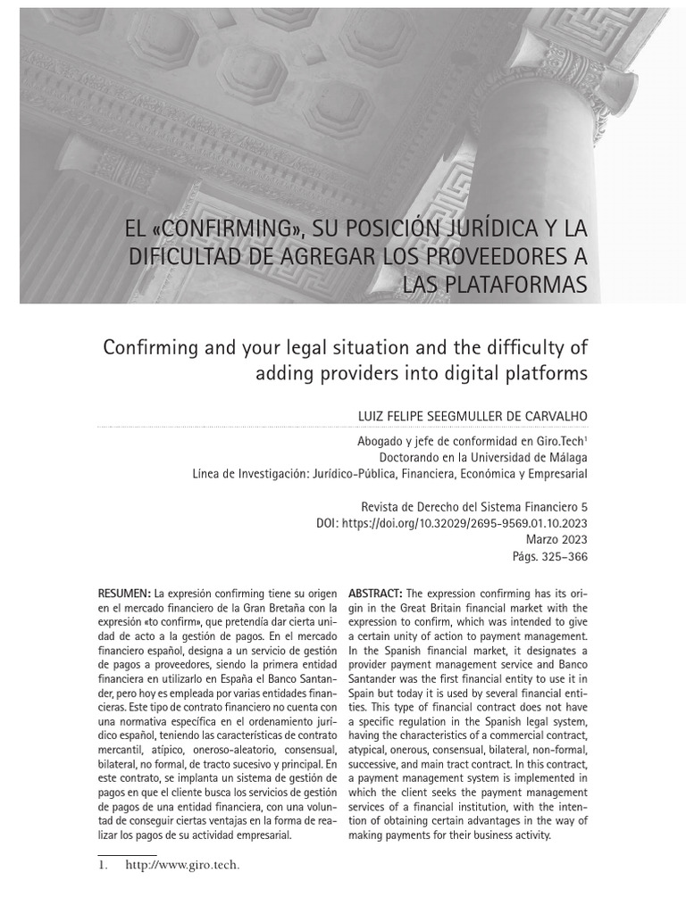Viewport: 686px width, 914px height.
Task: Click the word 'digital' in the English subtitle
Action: click(x=461, y=373)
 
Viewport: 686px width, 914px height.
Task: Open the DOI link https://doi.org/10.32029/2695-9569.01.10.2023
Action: click(x=463, y=523)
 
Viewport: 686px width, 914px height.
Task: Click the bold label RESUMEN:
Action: click(x=124, y=594)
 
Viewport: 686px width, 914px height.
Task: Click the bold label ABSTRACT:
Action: click(x=375, y=594)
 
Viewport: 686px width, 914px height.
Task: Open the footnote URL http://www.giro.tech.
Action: click(x=183, y=865)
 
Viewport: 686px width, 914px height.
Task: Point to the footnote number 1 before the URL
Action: click(x=101, y=865)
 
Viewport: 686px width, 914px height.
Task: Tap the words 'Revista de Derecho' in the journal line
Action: click(x=406, y=506)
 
